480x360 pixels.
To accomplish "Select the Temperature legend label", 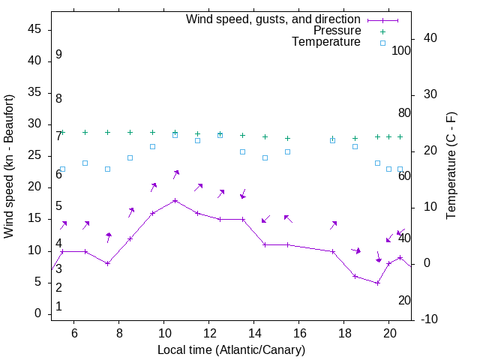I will coord(326,42).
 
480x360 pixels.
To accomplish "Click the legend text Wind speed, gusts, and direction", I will coord(274,19).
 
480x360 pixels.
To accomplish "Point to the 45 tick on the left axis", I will coord(34,29).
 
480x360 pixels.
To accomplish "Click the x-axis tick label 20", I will coord(389,334).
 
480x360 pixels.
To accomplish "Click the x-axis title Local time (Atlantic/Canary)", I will coord(232,349).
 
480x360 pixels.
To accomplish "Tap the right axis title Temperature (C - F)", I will coord(451,166).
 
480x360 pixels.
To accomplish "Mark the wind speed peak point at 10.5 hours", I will coord(175,200).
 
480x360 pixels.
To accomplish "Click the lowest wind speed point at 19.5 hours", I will coord(378,283).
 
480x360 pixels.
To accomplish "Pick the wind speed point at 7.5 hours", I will coord(107,263).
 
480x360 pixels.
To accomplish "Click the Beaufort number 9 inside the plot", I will coord(58,55).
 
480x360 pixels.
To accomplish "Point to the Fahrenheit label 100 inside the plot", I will coord(401,50).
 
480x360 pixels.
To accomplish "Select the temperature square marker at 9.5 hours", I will coord(152,146).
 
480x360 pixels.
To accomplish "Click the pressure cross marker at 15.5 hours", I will coord(287,138).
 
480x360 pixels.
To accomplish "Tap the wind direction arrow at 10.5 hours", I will coord(175,174).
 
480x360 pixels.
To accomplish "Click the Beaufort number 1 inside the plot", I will coord(58,307).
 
